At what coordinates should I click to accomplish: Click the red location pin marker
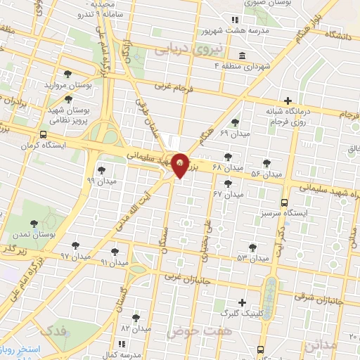pyautogui.click(x=180, y=165)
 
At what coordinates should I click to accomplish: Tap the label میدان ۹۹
pyautogui.click(x=99, y=181)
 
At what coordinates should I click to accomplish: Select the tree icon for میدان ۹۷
pyautogui.click(x=76, y=245)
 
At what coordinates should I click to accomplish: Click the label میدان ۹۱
pyautogui.click(x=114, y=262)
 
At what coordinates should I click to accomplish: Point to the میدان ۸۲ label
pyautogui.click(x=136, y=328)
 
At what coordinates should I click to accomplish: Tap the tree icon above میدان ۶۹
pyautogui.click(x=236, y=122)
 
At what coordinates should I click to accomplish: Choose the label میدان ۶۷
pyautogui.click(x=227, y=193)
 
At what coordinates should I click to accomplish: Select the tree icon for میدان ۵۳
pyautogui.click(x=252, y=247)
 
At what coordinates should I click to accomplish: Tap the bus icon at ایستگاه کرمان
pyautogui.click(x=44, y=135)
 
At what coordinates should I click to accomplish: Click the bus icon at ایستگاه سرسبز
pyautogui.click(x=284, y=202)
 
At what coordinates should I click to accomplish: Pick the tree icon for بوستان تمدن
pyautogui.click(x=33, y=224)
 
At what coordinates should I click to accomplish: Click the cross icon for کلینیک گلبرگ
pyautogui.click(x=242, y=302)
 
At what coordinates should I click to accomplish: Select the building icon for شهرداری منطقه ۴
pyautogui.click(x=242, y=56)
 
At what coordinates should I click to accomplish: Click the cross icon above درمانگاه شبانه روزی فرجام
pyautogui.click(x=287, y=101)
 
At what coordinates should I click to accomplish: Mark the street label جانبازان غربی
pyautogui.click(x=188, y=278)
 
